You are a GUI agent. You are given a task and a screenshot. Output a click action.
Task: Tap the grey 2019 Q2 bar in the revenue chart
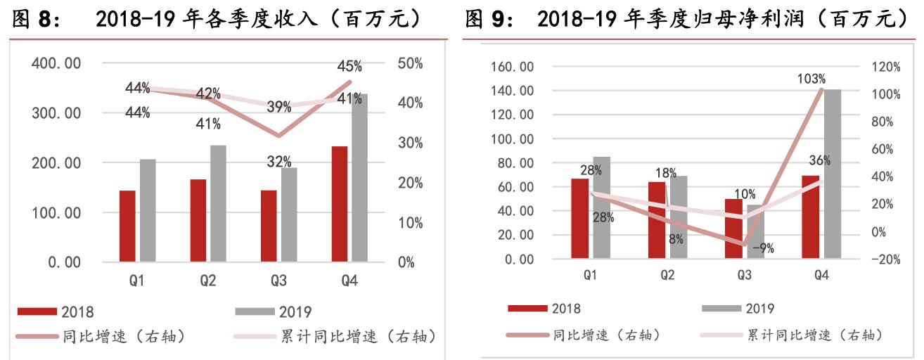point(218,204)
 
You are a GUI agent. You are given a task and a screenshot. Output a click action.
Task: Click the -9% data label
point(762,247)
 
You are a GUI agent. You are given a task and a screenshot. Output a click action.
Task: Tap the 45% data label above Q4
point(349,67)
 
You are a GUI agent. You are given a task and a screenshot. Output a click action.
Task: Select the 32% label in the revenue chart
point(279,162)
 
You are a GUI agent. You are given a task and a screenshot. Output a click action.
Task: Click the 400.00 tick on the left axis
point(57,63)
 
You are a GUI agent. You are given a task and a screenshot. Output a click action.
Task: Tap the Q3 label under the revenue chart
point(278,281)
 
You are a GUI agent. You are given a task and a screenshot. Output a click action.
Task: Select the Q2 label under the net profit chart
point(667,276)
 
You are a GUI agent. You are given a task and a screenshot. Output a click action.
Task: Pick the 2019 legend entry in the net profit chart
point(760,308)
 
